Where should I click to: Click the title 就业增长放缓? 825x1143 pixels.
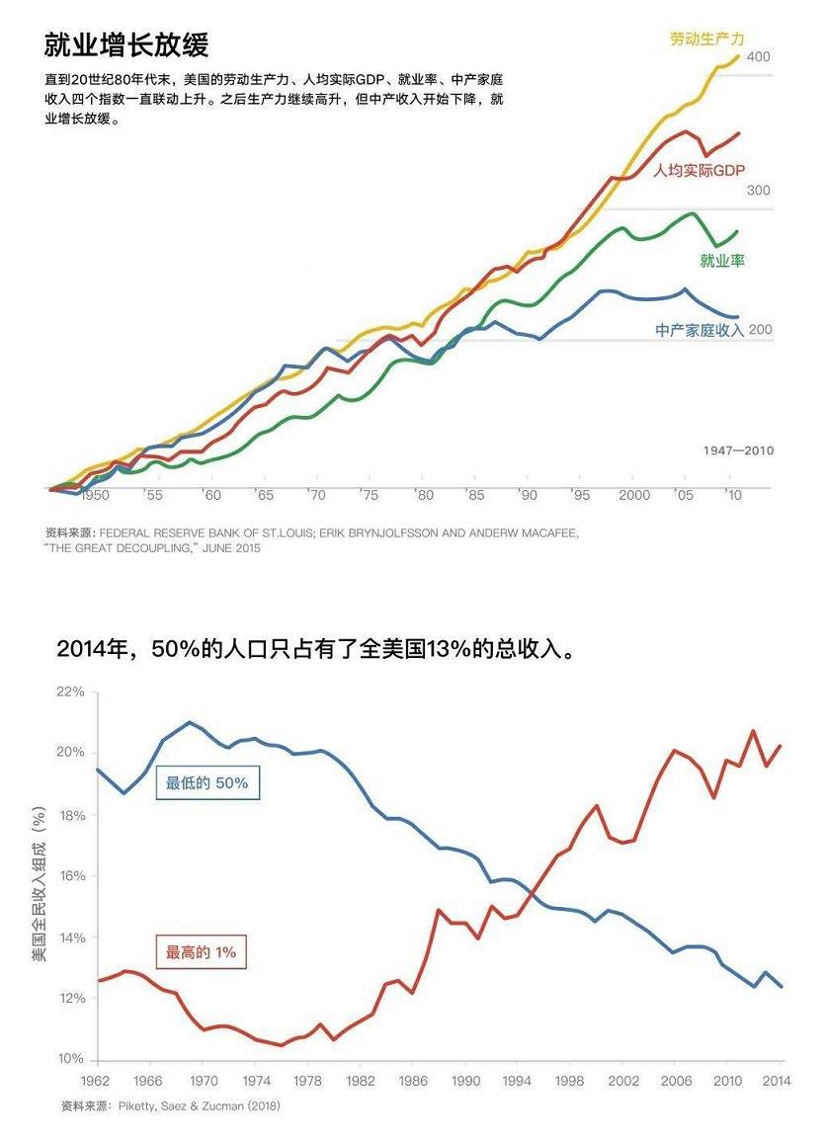coord(126,45)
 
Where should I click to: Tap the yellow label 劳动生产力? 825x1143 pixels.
coord(707,40)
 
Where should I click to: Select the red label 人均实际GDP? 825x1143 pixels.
coord(700,171)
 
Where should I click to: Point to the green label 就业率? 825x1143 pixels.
coord(722,261)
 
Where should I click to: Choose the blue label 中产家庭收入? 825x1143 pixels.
coord(700,331)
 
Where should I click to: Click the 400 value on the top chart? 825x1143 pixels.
coord(758,57)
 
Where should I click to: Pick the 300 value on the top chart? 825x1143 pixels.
coord(758,191)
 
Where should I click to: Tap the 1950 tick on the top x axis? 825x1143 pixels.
coord(96,495)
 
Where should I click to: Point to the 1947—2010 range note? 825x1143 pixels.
coord(738,450)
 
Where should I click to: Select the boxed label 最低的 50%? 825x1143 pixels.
coord(206,783)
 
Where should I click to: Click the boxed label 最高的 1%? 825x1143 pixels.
coord(201,953)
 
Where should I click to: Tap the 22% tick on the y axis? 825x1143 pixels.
coord(71,692)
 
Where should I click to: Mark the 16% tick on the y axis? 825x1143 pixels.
coord(71,876)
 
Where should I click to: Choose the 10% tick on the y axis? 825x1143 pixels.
coord(71,1059)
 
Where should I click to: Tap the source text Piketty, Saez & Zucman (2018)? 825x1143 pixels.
coord(197,1106)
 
